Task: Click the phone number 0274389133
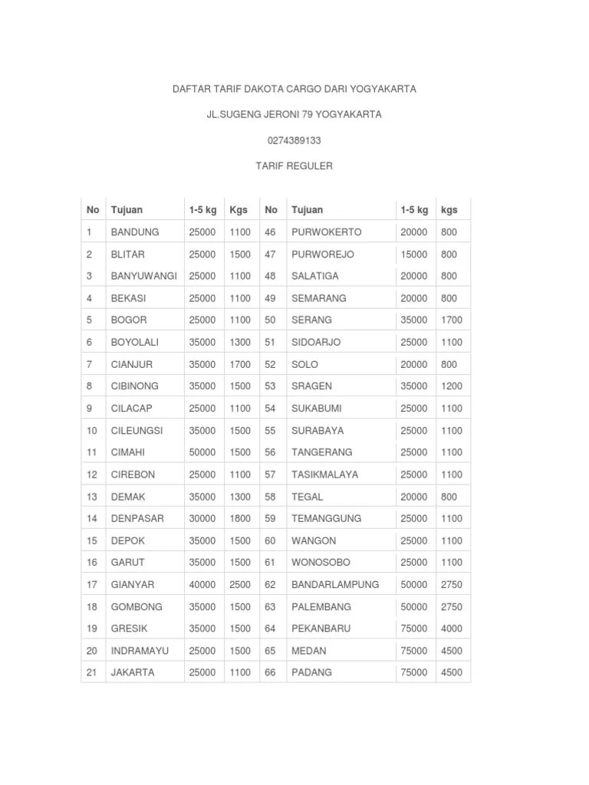pos(294,140)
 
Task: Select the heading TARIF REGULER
pos(294,166)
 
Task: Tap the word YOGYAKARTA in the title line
pos(383,89)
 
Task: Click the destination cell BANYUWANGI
pos(143,276)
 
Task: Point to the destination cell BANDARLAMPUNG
pos(334,584)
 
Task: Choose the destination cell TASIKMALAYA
pos(324,475)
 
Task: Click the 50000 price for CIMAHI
pos(202,452)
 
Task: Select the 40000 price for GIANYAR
pos(202,584)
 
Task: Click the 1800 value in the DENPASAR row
pos(240,518)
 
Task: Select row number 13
pos(92,497)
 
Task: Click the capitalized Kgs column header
pos(239,209)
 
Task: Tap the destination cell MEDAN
pos(308,651)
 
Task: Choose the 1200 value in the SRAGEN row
pos(452,386)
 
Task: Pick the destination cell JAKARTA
pos(133,672)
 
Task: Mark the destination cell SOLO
pos(304,364)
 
